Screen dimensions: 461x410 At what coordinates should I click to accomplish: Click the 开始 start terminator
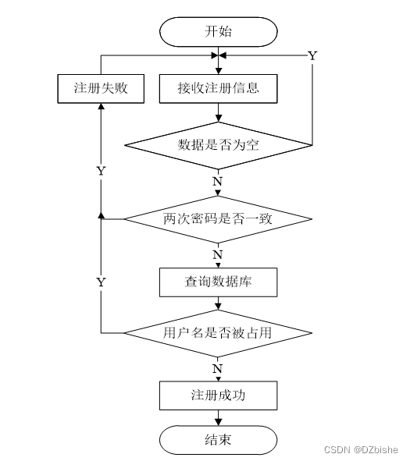pos(218,32)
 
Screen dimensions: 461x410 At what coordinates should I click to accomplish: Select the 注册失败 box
pos(102,88)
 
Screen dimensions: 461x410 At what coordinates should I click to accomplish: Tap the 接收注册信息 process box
pos(218,88)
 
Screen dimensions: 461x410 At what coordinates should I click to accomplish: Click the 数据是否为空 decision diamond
pos(218,144)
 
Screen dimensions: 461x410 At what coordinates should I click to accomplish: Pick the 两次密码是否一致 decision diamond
pos(218,218)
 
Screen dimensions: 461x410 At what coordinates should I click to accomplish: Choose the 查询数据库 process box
pos(218,282)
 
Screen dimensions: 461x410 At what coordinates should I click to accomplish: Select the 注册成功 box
pos(218,395)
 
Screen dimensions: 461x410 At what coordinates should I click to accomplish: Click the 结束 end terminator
pos(218,440)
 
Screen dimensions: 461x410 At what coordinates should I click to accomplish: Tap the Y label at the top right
pos(312,55)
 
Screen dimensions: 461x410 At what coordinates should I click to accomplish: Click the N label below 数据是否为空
pos(217,181)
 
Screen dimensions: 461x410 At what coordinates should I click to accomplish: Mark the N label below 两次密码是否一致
pos(217,254)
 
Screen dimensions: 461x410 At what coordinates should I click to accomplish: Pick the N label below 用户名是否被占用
pos(217,367)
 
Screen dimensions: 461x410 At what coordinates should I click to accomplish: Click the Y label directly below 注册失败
pos(101,169)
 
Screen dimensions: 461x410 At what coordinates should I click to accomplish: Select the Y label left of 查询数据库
pos(101,282)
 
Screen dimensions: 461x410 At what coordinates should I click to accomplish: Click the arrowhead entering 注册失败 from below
pos(102,107)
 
